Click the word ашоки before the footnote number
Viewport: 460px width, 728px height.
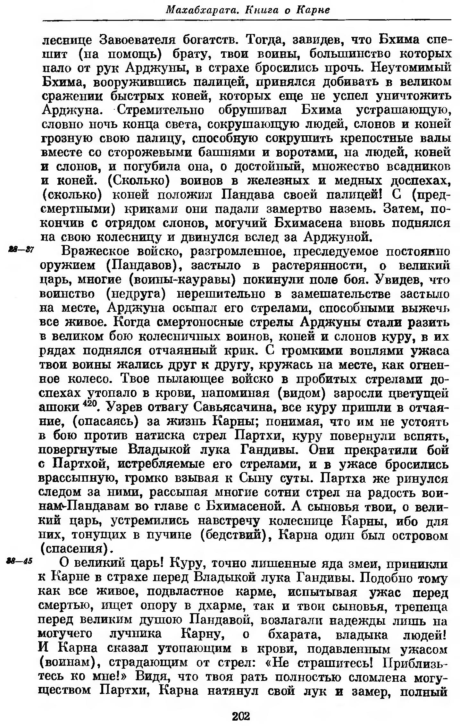(59, 408)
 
